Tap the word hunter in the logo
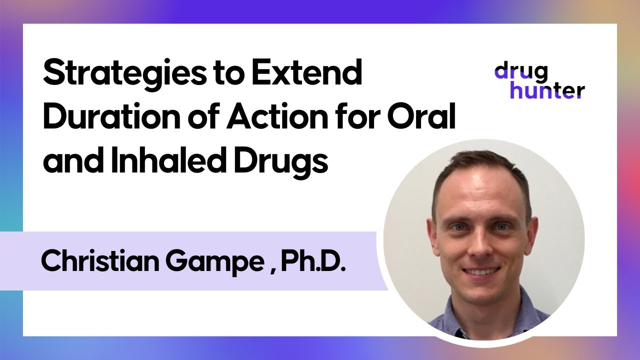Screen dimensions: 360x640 [x=539, y=90]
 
